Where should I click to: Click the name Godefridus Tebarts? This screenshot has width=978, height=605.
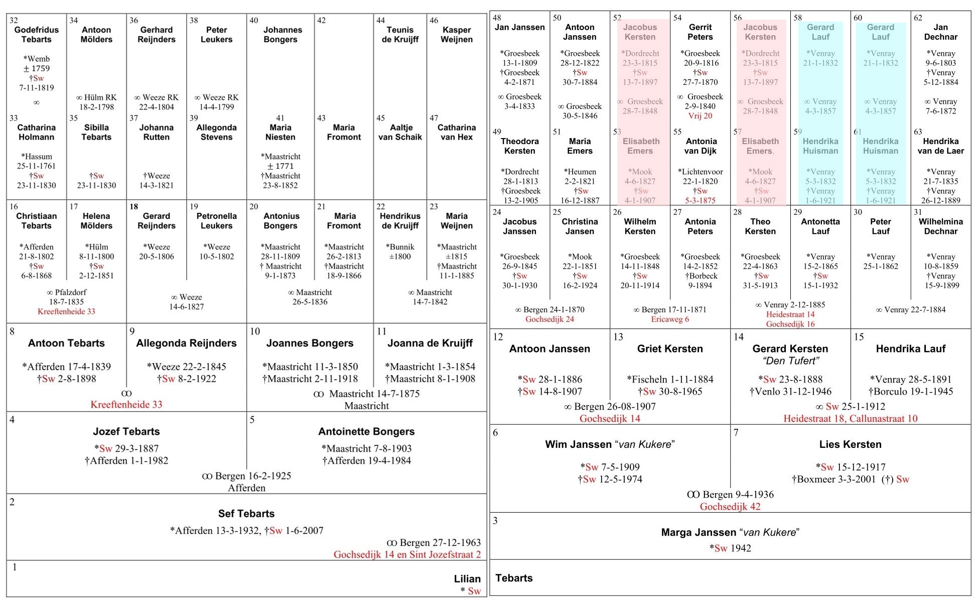point(36,35)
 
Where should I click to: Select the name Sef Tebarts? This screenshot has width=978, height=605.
point(246,513)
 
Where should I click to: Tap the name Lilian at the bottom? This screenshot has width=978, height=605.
point(467,578)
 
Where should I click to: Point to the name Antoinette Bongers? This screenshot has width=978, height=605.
point(366,431)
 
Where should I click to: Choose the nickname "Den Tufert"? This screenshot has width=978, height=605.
point(790,360)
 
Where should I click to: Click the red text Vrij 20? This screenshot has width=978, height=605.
point(700,116)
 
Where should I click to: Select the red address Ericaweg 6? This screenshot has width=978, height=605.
point(670,319)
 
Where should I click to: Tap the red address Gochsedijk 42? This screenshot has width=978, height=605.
point(730,507)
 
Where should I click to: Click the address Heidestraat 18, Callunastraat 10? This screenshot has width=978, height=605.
point(850,418)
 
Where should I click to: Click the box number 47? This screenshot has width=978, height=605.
point(434,118)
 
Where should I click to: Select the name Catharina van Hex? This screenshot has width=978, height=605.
point(456,132)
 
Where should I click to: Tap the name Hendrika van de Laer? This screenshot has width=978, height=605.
point(940,146)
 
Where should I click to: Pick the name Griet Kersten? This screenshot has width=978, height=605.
point(670,348)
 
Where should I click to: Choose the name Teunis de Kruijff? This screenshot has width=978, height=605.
point(400,35)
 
